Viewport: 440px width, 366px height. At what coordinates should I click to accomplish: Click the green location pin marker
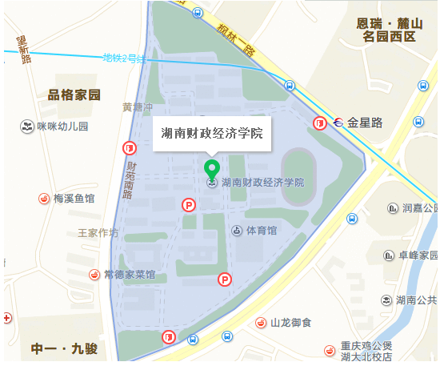(212, 169)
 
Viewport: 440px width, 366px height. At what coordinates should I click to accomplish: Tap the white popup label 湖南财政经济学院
(211, 133)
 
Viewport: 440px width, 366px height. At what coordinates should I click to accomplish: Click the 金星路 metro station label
(365, 123)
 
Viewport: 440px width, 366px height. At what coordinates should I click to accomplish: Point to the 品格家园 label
(74, 95)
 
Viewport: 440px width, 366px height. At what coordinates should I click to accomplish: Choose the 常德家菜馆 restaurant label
(129, 274)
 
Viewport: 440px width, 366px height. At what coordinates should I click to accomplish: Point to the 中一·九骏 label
(63, 349)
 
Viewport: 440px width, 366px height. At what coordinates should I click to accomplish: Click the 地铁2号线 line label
(124, 58)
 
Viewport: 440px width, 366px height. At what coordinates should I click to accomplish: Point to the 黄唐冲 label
(137, 107)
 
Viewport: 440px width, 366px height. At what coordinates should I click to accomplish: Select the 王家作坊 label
(98, 234)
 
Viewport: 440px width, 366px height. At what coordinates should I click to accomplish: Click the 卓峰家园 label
(418, 255)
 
